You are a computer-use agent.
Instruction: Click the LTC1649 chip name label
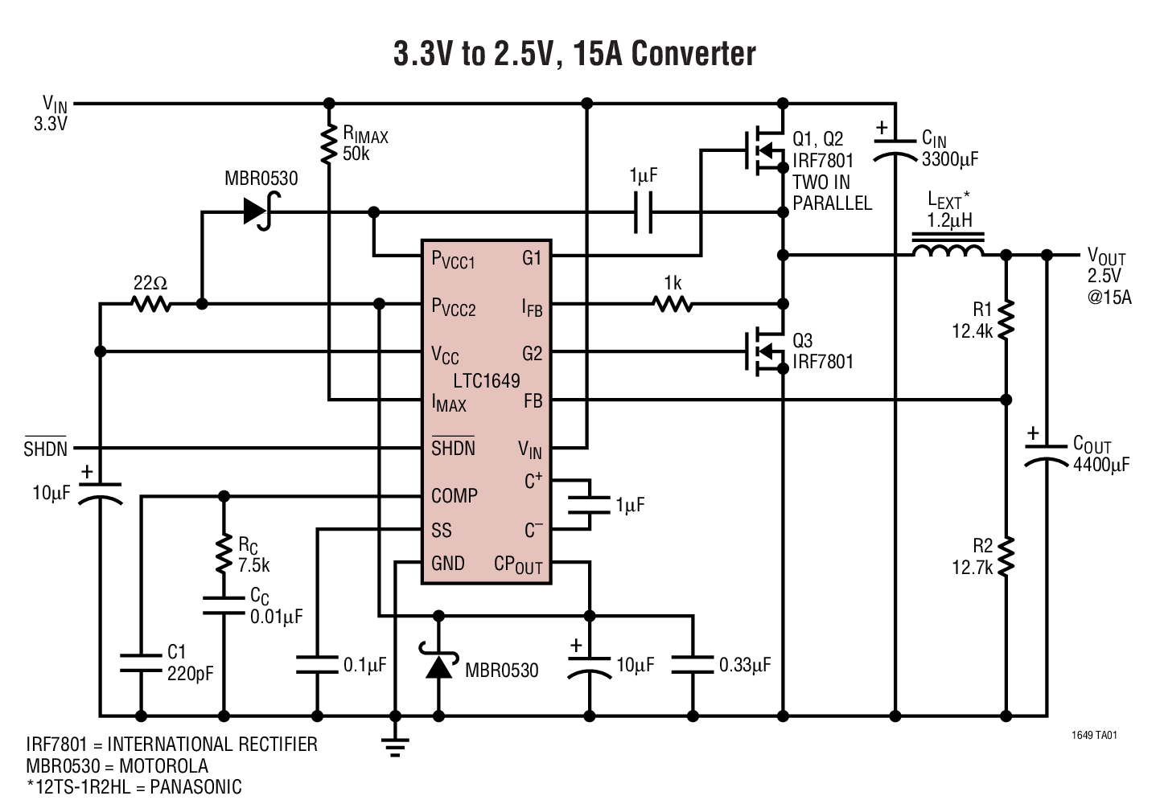pos(486,380)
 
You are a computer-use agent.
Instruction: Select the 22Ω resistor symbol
pos(152,304)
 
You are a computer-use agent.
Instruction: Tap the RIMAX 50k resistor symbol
pos(328,145)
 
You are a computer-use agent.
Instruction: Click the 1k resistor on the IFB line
pos(673,304)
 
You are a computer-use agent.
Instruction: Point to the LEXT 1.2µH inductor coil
pos(947,251)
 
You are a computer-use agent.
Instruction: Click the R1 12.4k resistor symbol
pos(1006,320)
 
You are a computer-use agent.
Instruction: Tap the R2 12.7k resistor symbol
pos(1006,556)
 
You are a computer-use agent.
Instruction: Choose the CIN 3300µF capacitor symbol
pos(895,149)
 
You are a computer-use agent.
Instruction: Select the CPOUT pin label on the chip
pos(518,564)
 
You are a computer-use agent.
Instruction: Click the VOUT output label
pos(1106,257)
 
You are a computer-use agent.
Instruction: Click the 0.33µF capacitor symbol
pos(692,663)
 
